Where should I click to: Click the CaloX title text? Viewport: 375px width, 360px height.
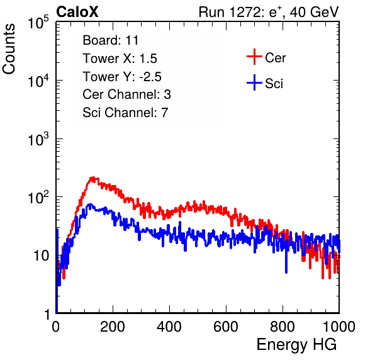point(77,12)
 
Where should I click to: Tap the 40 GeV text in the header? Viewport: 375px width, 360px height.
point(314,12)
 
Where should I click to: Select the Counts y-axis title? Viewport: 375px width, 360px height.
point(9,48)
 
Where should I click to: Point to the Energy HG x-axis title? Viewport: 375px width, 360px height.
point(296,345)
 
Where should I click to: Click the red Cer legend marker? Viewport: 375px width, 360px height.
point(254,57)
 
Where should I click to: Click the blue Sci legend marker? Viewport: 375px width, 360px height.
point(254,82)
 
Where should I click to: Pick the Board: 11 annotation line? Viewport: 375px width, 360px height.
point(111,40)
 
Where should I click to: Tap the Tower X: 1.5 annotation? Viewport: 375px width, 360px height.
point(120,59)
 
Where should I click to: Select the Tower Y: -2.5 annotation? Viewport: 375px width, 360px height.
point(122,77)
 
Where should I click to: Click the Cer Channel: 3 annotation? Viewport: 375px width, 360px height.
point(126,94)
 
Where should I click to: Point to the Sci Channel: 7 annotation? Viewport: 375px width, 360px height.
point(125,113)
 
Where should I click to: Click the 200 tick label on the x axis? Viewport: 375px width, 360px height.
point(113,327)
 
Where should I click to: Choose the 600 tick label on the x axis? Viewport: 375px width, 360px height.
point(226,327)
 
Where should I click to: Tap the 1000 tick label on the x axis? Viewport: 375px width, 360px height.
point(339,327)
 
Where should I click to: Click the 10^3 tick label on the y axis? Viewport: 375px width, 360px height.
point(38,139)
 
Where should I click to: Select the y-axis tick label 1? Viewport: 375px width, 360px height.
point(47,314)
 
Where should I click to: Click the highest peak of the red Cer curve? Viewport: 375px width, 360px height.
point(92,178)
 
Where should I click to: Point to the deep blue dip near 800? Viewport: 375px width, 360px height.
point(286,270)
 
